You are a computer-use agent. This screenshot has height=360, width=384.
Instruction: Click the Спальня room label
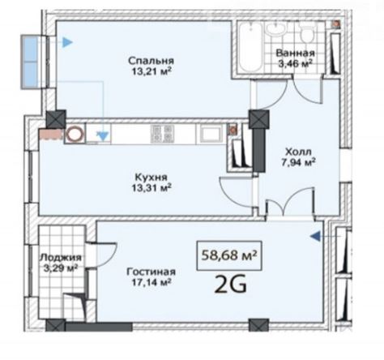click(151, 61)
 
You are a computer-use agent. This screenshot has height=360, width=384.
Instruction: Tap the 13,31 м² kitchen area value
click(151, 187)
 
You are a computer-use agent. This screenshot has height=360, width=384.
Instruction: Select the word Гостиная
click(151, 272)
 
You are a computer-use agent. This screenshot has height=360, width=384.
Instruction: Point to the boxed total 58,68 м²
click(229, 255)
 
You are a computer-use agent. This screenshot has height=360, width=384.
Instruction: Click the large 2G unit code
click(230, 285)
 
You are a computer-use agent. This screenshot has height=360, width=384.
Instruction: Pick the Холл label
click(299, 152)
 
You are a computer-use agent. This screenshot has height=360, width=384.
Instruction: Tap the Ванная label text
click(295, 53)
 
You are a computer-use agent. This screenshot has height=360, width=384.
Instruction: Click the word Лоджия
click(61, 257)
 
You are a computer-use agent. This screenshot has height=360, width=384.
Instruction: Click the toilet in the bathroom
click(306, 32)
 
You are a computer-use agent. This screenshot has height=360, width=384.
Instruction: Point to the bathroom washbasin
click(275, 28)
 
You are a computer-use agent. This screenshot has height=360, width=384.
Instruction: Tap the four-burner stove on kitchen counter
click(163, 134)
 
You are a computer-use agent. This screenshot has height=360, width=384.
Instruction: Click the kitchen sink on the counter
click(211, 134)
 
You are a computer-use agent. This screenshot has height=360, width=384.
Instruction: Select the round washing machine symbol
click(75, 134)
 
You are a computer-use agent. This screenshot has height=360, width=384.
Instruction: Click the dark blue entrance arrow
click(316, 236)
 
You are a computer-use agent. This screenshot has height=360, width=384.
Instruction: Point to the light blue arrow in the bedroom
click(67, 42)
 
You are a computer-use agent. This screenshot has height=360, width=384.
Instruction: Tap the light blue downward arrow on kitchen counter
click(103, 136)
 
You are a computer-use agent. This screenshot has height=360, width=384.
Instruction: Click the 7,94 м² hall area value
click(299, 162)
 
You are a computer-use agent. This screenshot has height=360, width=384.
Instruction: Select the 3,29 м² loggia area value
click(61, 268)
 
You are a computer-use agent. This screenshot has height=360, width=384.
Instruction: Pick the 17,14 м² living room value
click(151, 282)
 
